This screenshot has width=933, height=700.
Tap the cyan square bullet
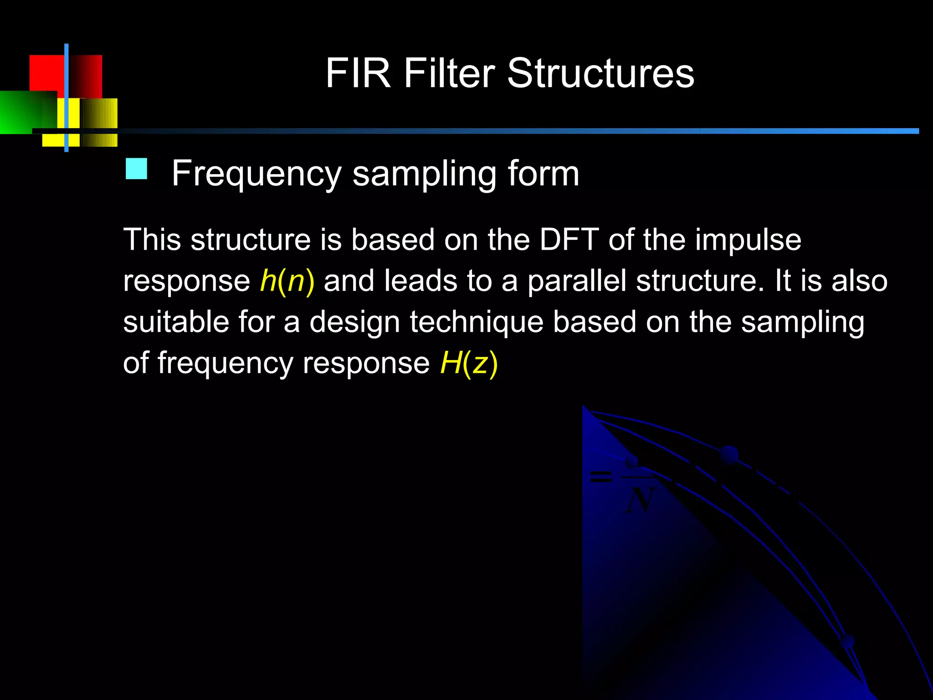point(136,169)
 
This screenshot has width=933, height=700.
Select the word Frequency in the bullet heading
point(256,175)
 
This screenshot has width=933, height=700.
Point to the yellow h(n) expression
point(287,281)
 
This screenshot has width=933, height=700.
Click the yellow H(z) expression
point(469,364)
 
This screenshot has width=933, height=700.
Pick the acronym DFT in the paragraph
point(569,240)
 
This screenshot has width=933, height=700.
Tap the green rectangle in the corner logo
point(23,112)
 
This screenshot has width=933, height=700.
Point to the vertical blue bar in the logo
point(67,98)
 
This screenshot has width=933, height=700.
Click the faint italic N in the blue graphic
point(640,500)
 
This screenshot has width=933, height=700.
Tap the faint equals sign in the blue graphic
point(600,477)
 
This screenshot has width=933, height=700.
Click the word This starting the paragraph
point(153,240)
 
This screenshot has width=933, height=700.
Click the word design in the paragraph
point(355,323)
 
